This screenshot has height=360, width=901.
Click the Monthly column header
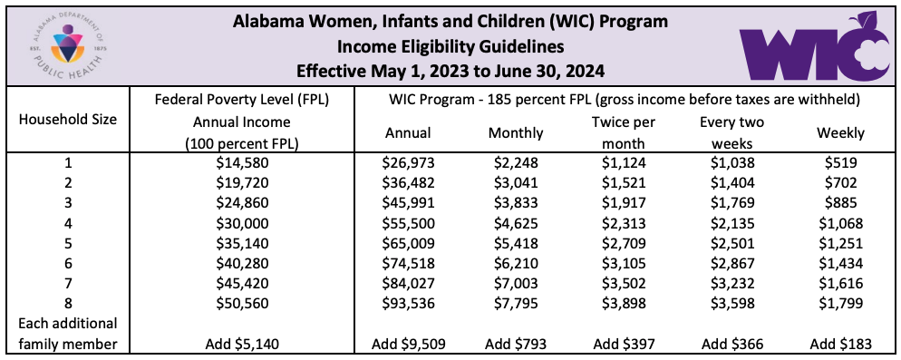click(x=516, y=133)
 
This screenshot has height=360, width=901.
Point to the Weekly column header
click(x=840, y=133)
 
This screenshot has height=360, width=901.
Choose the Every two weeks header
click(x=732, y=133)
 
